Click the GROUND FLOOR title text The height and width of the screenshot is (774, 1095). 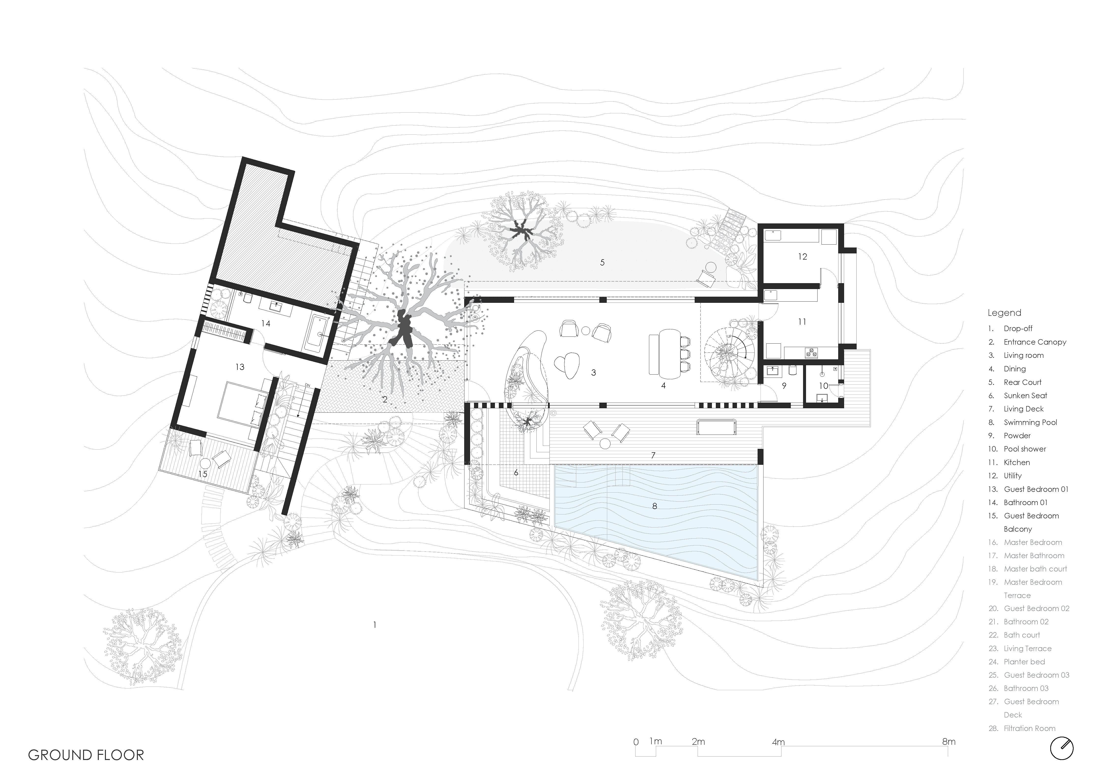[86, 755]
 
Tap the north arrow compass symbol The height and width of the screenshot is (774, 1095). [1062, 749]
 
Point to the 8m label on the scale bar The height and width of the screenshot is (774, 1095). [949, 742]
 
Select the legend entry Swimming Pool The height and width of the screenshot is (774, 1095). [1030, 422]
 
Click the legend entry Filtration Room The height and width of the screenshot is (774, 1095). [1029, 728]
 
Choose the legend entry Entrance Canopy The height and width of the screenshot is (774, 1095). [1035, 342]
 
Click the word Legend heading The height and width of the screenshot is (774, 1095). [1004, 313]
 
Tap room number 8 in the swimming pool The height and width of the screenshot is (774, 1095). [654, 506]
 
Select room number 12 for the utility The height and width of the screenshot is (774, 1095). [803, 257]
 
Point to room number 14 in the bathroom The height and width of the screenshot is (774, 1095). [266, 323]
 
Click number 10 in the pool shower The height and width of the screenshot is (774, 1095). [824, 386]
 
